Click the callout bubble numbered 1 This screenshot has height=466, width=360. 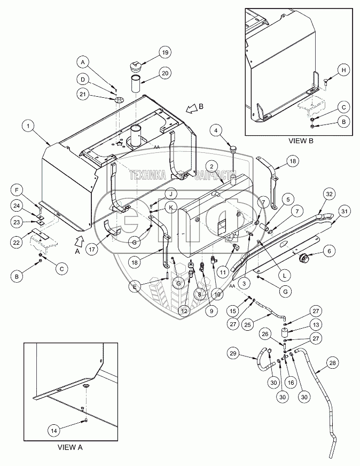28,126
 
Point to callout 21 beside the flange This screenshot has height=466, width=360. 82,95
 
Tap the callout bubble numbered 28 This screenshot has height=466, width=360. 332,364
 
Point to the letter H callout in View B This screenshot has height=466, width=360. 344,70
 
